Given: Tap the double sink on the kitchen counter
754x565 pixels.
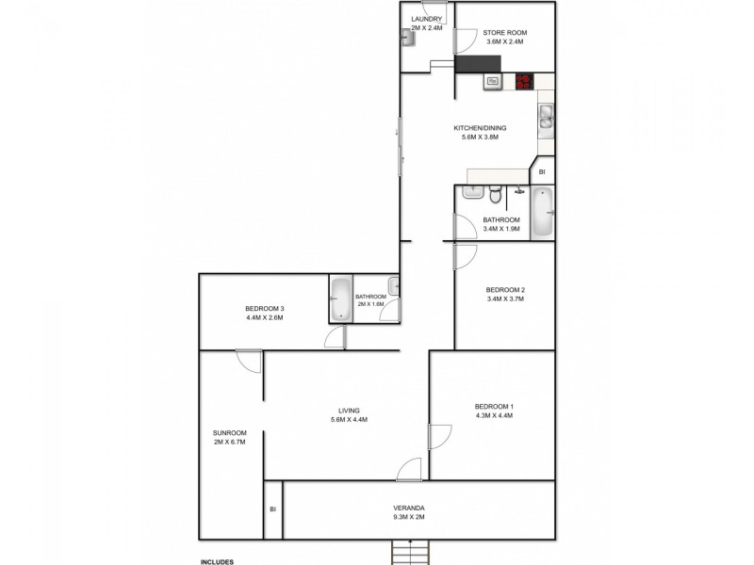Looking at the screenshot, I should [545, 117].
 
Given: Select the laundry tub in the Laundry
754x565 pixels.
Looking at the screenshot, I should [407, 38].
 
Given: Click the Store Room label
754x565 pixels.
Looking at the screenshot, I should [504, 32].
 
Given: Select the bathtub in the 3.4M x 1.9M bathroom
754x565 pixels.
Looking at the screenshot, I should [543, 213].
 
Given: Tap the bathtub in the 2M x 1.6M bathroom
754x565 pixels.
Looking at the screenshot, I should [339, 299].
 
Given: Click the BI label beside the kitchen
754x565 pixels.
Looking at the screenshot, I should [542, 172].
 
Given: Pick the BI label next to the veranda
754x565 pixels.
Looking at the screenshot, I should [272, 509].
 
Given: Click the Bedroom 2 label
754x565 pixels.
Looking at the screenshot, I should [504, 289].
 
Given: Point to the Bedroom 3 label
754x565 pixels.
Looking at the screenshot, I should [264, 308].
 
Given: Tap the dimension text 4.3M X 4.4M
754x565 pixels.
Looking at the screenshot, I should [494, 415].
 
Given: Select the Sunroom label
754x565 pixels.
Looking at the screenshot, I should [230, 432].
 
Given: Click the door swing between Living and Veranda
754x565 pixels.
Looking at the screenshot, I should [408, 469].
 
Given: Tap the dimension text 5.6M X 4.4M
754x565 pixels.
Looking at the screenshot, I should [349, 419].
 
